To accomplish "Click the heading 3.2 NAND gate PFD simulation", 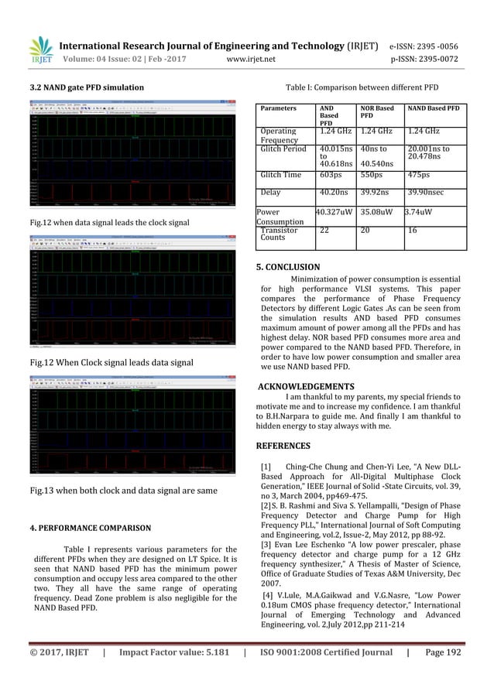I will tap(84, 89).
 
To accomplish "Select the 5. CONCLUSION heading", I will tap(287, 268).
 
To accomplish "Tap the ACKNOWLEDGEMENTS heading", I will tap(305, 386).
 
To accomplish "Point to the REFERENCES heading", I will tap(283, 446).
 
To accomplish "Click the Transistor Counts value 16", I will tap(412, 230).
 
